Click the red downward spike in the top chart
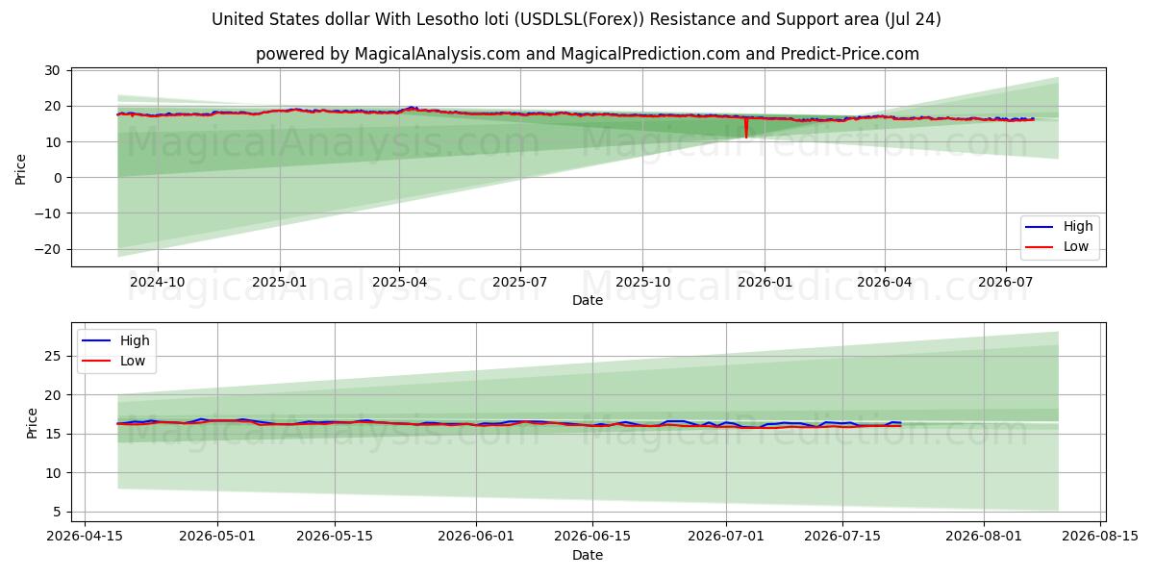(746, 128)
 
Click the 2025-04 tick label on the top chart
(400, 283)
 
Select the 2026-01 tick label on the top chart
(765, 283)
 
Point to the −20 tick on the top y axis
(47, 249)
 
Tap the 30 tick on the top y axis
(52, 70)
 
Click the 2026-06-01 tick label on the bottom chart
(476, 537)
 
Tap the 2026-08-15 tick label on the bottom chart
(1100, 537)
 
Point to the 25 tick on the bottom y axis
(53, 357)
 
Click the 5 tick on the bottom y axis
(57, 512)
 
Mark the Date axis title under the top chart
(588, 300)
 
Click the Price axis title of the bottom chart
(32, 423)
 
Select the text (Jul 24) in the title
(913, 19)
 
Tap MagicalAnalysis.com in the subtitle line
(438, 54)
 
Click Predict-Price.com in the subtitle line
(850, 54)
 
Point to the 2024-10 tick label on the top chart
(158, 283)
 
